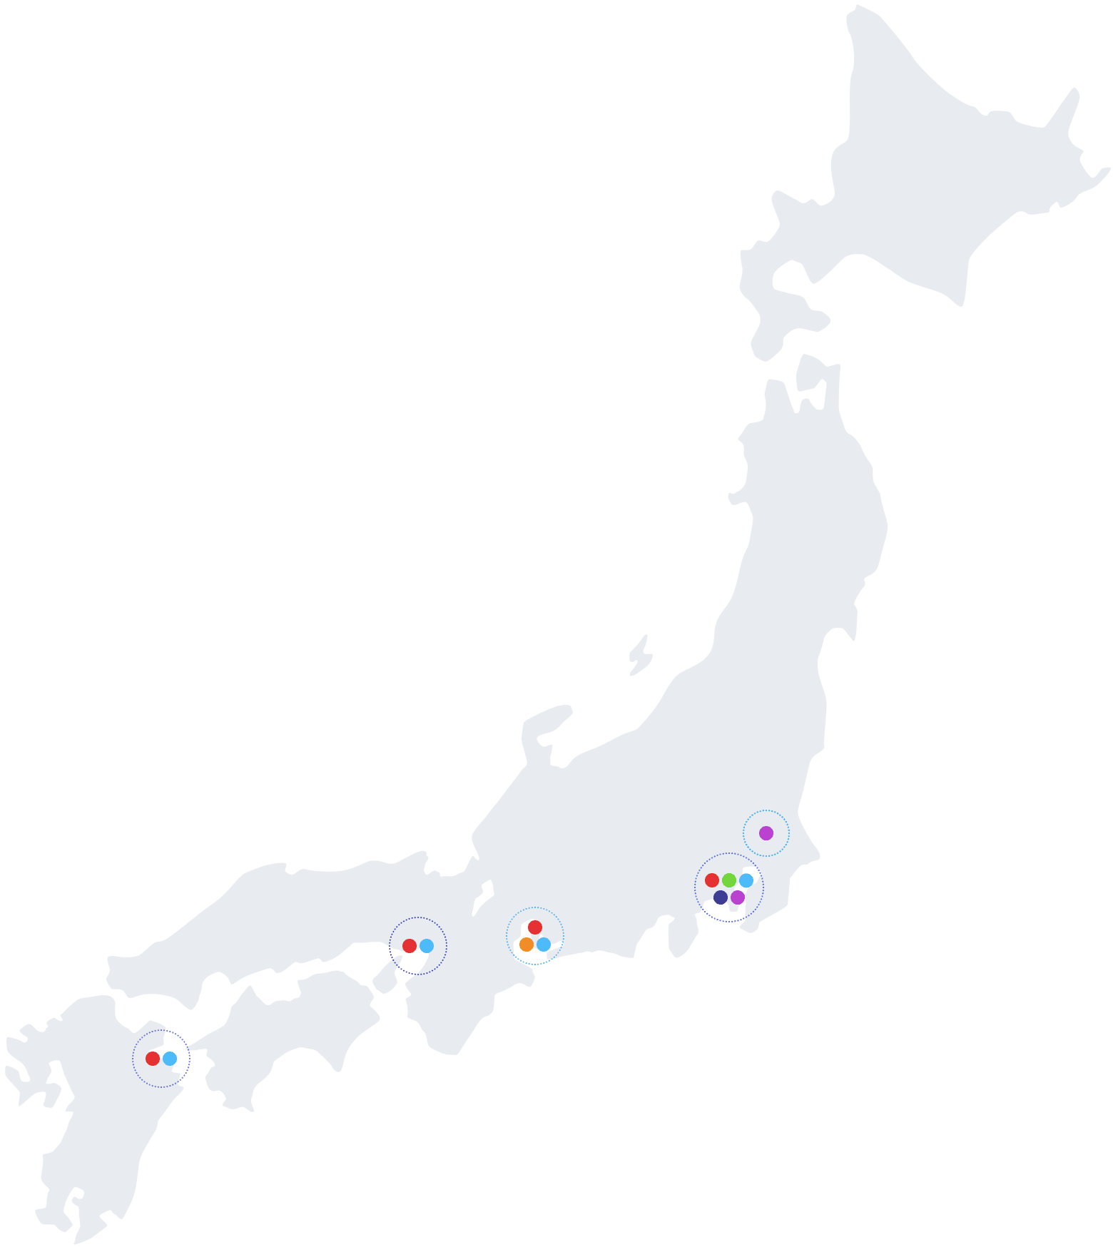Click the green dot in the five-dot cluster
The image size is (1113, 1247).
[x=728, y=880]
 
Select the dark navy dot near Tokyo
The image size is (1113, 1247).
[x=721, y=897]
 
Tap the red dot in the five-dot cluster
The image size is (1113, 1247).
[x=712, y=880]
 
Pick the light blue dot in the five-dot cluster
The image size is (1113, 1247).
[x=746, y=880]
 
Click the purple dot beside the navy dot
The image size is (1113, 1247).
[x=738, y=897]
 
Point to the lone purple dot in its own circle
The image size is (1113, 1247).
[x=766, y=833]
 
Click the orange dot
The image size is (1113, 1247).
[x=526, y=944]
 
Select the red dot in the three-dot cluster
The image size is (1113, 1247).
[x=535, y=927]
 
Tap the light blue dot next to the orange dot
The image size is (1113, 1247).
[x=544, y=944]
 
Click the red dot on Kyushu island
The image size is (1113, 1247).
[x=153, y=1058]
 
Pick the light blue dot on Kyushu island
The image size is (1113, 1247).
[x=170, y=1058]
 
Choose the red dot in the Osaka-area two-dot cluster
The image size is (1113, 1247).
[x=410, y=945]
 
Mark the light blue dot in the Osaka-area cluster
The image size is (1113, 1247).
[x=427, y=945]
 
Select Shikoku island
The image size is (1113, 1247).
[x=285, y=1027]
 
